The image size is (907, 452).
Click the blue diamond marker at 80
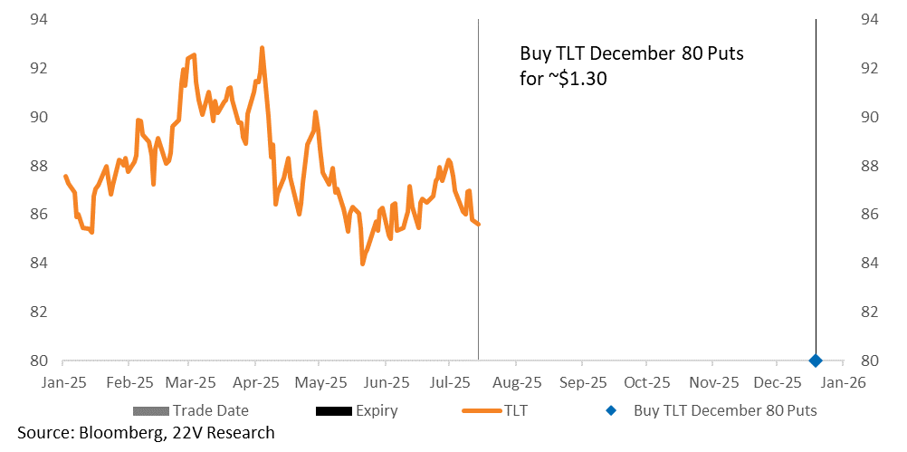coord(816,361)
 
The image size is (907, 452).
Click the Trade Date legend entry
coord(191,410)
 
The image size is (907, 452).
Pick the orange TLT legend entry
coord(495,410)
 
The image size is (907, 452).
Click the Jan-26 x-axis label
coord(844,382)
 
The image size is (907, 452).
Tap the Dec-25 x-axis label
coord(778,382)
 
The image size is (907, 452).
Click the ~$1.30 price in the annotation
coord(579,79)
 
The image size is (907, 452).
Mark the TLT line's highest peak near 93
coord(262,47)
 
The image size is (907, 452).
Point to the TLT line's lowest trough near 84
coord(362,264)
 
